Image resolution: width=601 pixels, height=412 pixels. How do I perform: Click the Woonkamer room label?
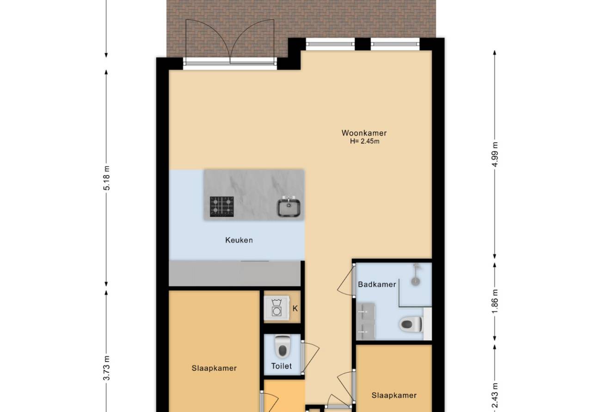click(x=364, y=133)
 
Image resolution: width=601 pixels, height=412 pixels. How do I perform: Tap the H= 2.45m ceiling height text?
click(x=365, y=141)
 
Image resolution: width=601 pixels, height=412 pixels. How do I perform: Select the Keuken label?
click(x=239, y=240)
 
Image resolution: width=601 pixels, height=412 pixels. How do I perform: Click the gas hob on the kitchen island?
click(x=221, y=206)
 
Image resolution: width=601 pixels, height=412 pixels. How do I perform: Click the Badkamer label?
click(x=377, y=284)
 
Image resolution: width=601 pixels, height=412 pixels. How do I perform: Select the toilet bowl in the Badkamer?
click(x=411, y=324)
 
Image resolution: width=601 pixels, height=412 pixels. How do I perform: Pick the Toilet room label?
click(x=282, y=366)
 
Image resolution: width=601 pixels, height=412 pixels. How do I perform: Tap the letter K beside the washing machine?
click(x=295, y=309)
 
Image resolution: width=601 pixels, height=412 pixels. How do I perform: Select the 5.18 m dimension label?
click(x=107, y=178)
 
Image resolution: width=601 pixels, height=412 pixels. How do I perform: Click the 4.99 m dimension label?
click(x=495, y=154)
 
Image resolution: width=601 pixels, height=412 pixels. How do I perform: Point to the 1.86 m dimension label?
click(x=495, y=301)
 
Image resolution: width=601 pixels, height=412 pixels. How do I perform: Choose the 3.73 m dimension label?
click(x=107, y=368)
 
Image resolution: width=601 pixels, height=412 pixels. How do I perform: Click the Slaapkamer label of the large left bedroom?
click(x=214, y=368)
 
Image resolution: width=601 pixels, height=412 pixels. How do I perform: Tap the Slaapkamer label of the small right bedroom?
click(x=394, y=395)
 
